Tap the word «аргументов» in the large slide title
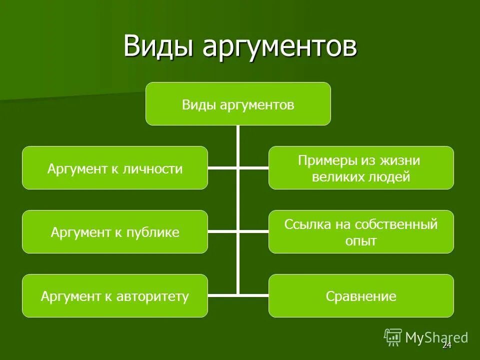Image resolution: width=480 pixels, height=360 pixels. (x=279, y=47)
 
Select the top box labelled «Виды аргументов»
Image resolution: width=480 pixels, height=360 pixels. (x=238, y=103)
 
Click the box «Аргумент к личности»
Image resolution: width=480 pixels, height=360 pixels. (x=114, y=168)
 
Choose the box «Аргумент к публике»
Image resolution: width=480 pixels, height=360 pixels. (x=114, y=232)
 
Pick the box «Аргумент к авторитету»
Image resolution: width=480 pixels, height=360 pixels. (x=114, y=296)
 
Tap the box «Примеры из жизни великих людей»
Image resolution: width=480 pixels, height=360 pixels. (x=361, y=168)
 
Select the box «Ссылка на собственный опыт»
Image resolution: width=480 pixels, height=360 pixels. (x=361, y=232)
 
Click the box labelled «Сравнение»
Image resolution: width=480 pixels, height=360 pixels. (x=361, y=296)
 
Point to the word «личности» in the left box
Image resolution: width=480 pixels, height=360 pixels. (x=157, y=169)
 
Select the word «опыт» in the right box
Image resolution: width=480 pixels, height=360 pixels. (x=361, y=241)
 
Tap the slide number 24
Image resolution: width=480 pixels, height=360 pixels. (x=446, y=345)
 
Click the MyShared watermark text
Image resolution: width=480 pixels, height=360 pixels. (x=436, y=337)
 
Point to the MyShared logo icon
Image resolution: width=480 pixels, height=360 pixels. (x=393, y=337)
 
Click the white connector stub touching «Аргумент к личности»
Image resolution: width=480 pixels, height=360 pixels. (x=222, y=168)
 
